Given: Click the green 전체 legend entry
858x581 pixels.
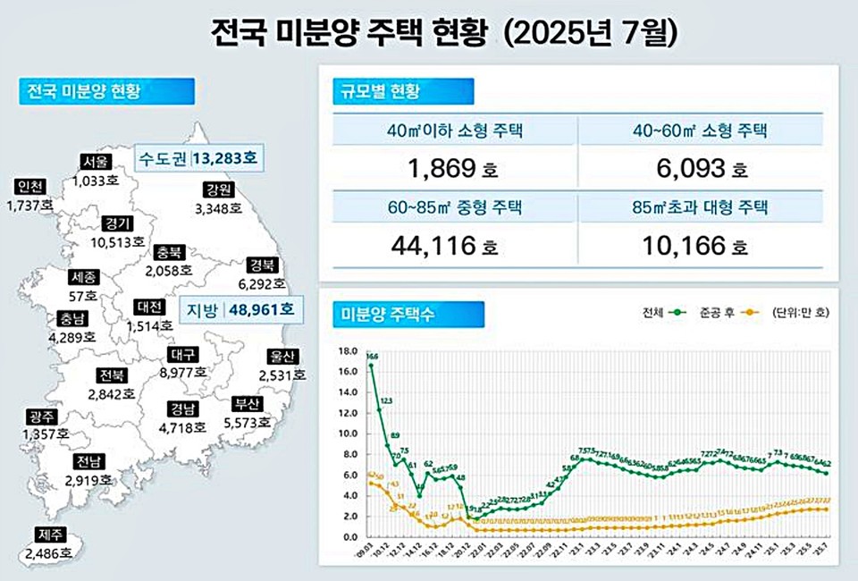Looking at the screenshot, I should [662, 312].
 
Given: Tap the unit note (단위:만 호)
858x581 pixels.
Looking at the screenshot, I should [807, 312].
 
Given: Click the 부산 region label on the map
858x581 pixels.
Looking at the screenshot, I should [242, 403].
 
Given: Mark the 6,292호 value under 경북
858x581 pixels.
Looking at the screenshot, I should [261, 284].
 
